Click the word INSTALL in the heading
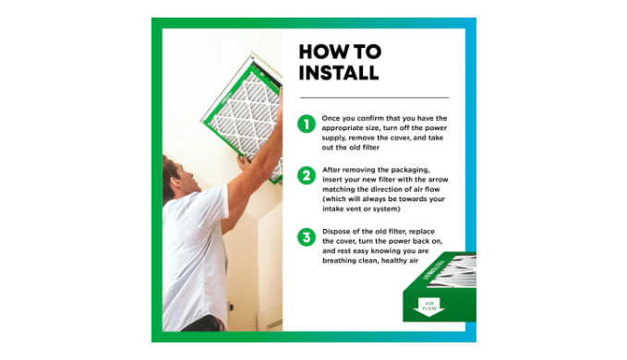pyautogui.click(x=338, y=73)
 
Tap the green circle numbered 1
pyautogui.click(x=307, y=124)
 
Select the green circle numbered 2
pyautogui.click(x=307, y=175)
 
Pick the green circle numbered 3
pyautogui.click(x=307, y=237)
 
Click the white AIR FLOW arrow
pyautogui.click(x=429, y=306)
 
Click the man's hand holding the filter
pyautogui.click(x=244, y=163)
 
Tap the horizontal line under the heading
pyautogui.click(x=374, y=97)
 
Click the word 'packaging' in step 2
pyautogui.click(x=410, y=170)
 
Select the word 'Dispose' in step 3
pyautogui.click(x=338, y=232)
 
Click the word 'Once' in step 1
pyautogui.click(x=331, y=118)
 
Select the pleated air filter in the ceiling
pyautogui.click(x=245, y=119)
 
